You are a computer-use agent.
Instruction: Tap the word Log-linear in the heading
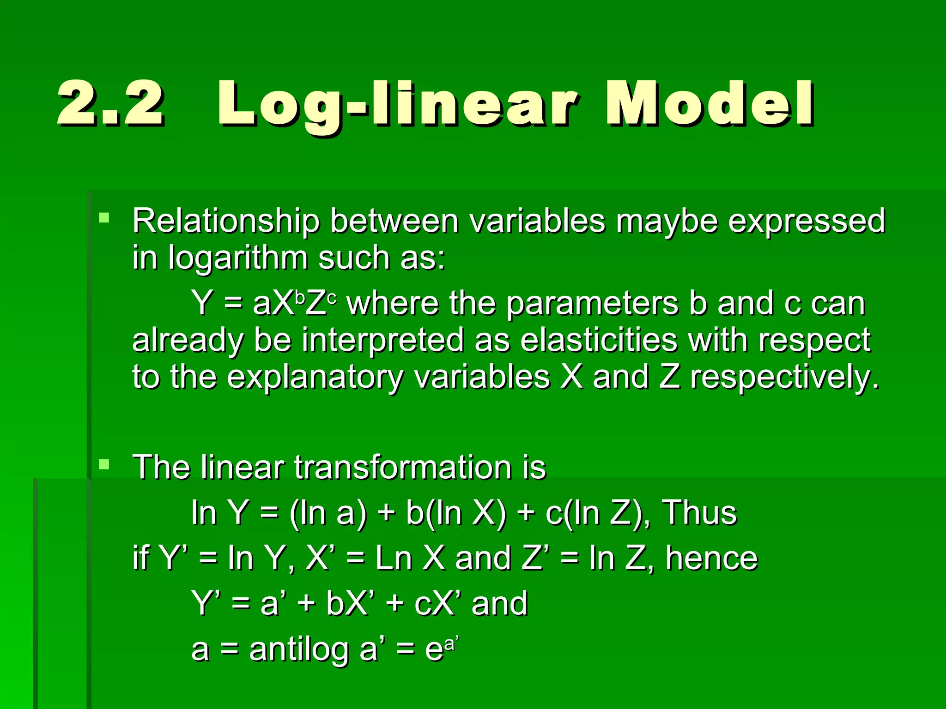point(397,104)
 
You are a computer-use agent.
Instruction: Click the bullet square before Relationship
point(104,217)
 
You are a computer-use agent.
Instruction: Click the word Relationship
point(225,221)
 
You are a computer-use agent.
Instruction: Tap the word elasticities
point(599,340)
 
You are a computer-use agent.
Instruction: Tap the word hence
point(712,558)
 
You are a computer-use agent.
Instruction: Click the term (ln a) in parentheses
point(328,512)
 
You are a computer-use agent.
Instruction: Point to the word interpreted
point(383,340)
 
